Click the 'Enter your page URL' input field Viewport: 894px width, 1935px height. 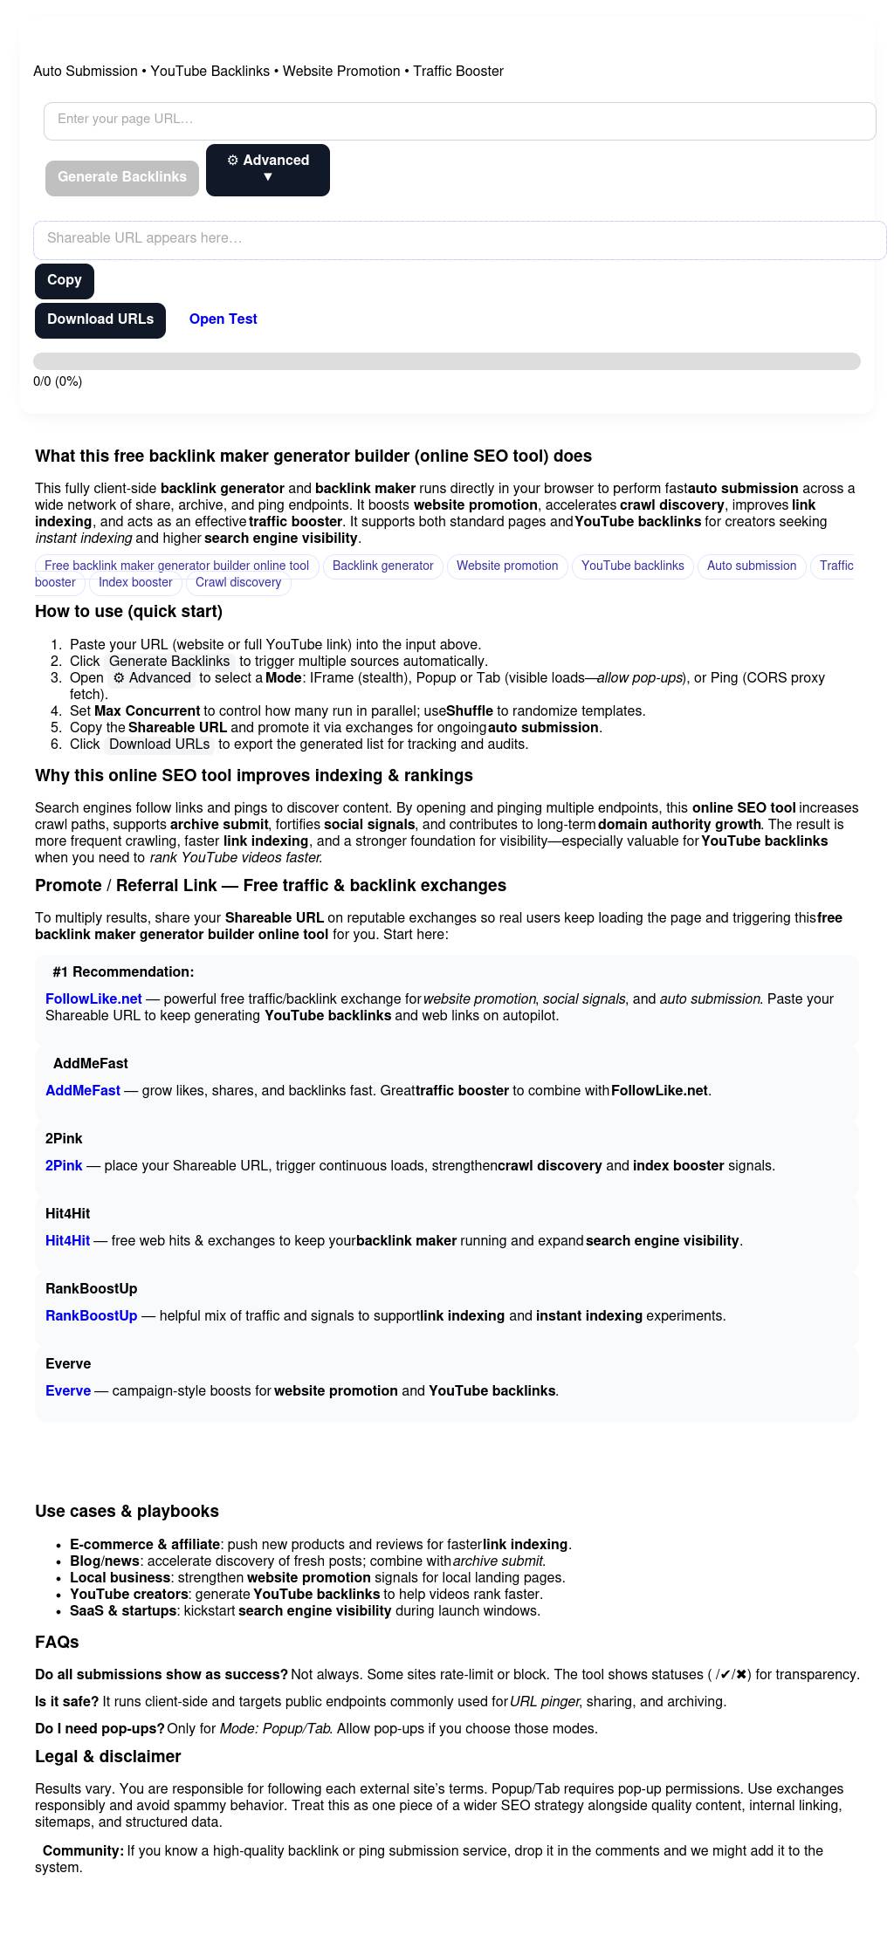point(459,120)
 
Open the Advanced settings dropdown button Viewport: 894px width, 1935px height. point(267,169)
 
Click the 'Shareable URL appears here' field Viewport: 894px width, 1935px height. point(459,239)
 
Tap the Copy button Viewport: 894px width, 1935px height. point(65,280)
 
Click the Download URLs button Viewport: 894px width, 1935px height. point(100,320)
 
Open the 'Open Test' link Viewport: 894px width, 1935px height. point(223,319)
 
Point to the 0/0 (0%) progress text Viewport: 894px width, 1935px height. point(58,381)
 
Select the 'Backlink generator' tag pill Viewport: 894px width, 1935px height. point(382,566)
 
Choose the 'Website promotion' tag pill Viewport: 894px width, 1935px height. point(506,566)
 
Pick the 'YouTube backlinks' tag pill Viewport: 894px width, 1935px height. point(632,566)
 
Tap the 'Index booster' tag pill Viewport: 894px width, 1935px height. point(135,582)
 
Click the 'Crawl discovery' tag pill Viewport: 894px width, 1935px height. point(238,582)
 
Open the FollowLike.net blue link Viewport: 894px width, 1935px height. point(93,998)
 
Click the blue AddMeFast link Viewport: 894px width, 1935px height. point(83,1090)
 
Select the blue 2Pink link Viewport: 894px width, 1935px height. point(64,1165)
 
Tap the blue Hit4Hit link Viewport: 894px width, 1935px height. point(67,1240)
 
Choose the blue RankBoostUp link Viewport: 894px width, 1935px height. point(91,1315)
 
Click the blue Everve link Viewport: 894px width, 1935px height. point(68,1390)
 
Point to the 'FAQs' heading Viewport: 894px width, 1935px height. point(57,1642)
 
